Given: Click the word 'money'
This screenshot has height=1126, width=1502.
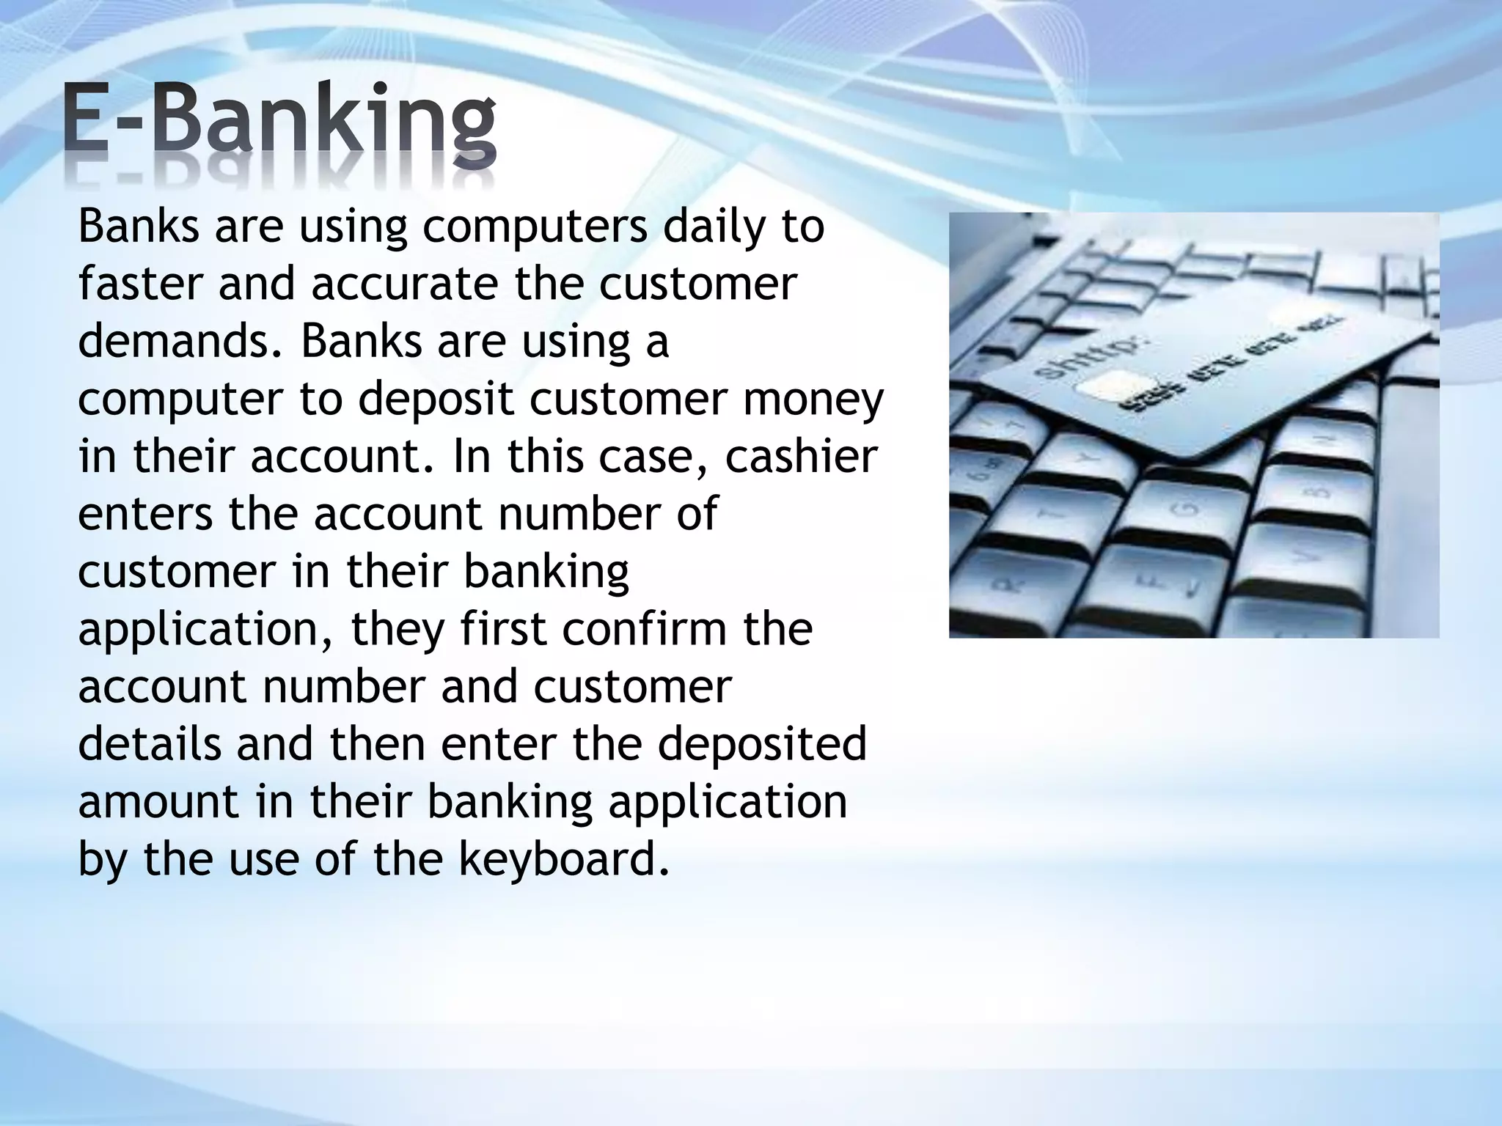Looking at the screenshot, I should pyautogui.click(x=813, y=400).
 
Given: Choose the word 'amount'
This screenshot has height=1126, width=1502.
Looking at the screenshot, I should pyautogui.click(x=158, y=801).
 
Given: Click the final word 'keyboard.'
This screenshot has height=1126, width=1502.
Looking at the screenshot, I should pyautogui.click(x=565, y=858).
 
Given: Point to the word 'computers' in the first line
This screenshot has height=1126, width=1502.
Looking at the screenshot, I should pyautogui.click(x=535, y=227).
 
